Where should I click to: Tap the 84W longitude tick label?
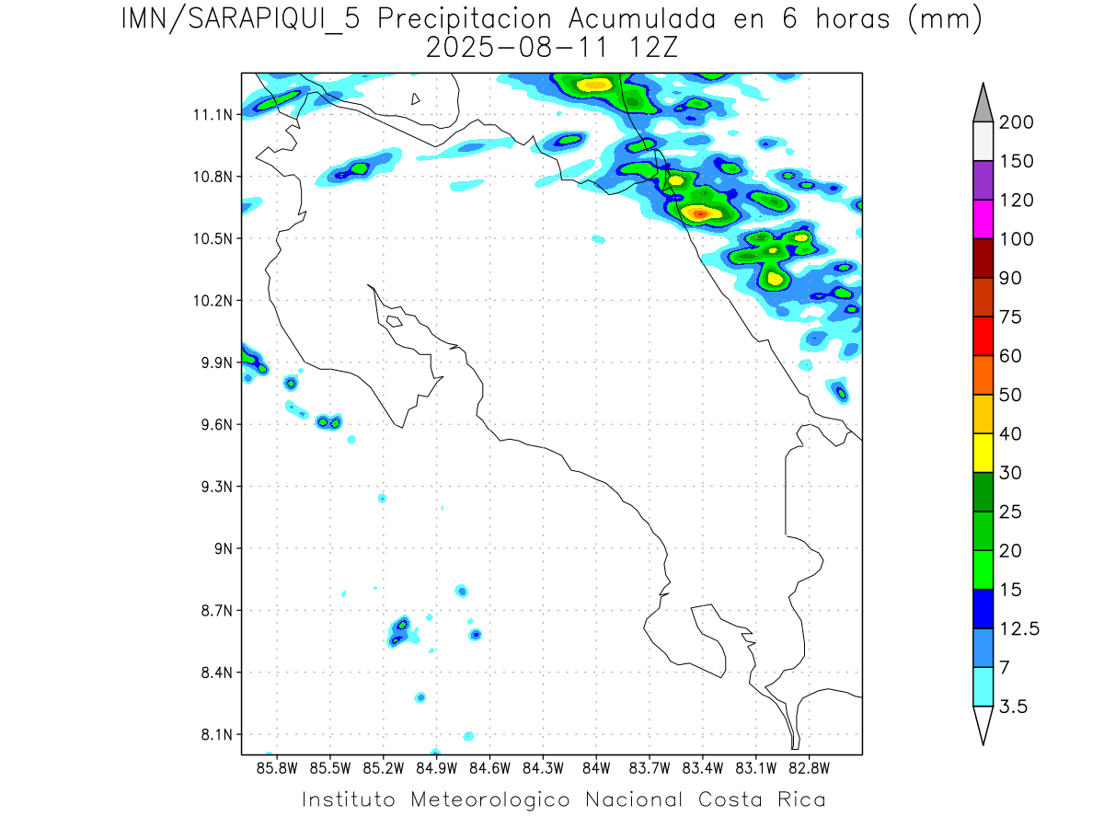click(596, 767)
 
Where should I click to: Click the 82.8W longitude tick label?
click(809, 767)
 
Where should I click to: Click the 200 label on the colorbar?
click(1017, 122)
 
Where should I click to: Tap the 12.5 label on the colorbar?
click(1020, 628)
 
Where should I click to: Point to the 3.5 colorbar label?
click(1014, 707)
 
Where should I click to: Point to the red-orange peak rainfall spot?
click(700, 213)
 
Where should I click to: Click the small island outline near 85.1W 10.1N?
click(394, 321)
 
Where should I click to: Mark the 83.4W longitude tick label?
click(702, 767)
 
